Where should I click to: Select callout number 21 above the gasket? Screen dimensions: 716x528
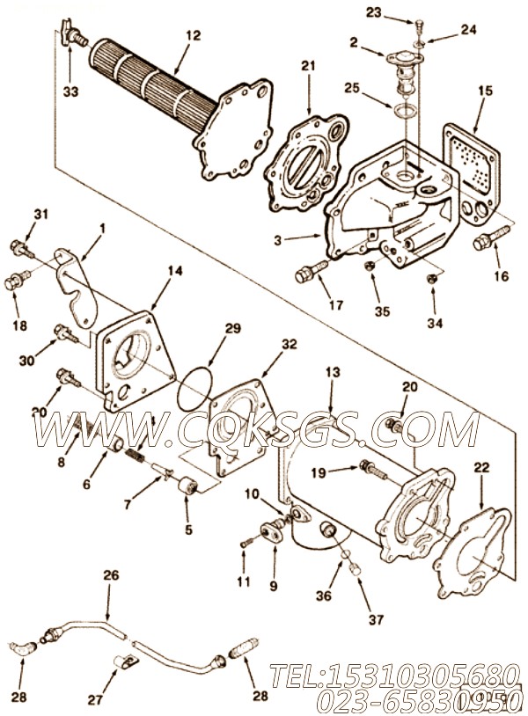pos(307,66)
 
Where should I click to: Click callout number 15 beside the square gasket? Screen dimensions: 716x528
pos(485,91)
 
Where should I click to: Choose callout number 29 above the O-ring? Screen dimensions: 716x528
pos(231,327)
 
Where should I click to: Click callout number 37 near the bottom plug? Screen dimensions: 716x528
pos(376,620)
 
